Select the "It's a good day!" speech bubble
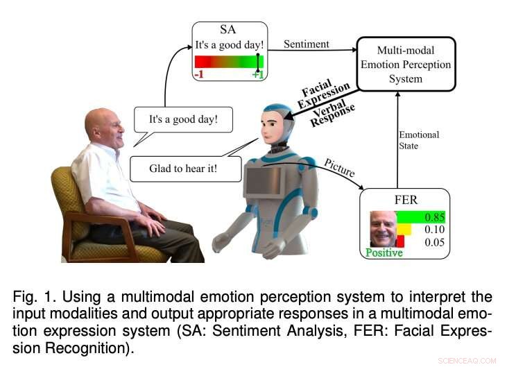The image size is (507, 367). (183, 119)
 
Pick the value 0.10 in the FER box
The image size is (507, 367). (434, 229)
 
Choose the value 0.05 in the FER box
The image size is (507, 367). (434, 242)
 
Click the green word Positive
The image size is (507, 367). (384, 253)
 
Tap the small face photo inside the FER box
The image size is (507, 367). (383, 230)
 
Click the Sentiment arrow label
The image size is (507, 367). (307, 44)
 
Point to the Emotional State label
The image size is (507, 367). (419, 139)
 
